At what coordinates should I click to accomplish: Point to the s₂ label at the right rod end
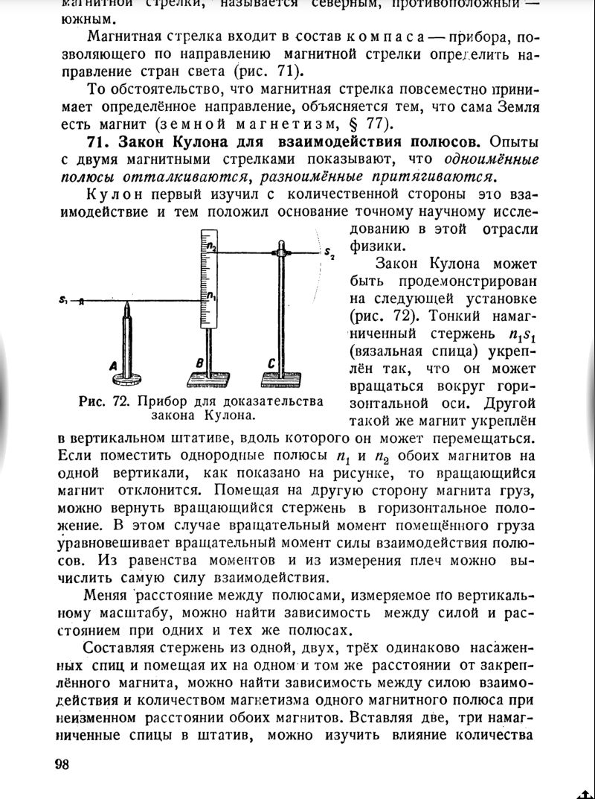(329, 255)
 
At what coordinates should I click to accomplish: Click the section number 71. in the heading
(98, 141)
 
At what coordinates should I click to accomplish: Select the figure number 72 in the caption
(121, 401)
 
